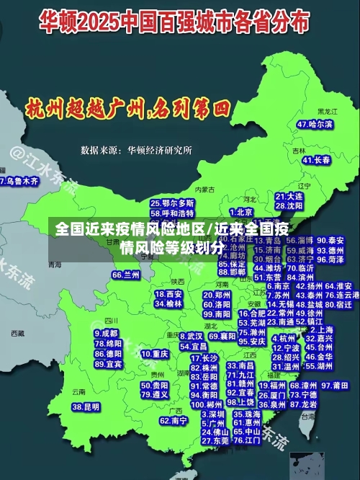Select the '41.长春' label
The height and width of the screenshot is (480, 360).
317,159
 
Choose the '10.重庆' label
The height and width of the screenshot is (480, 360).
154,354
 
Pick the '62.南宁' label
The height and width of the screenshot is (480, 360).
173,420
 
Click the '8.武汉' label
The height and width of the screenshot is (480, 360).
191,336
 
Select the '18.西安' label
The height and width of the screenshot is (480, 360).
168,294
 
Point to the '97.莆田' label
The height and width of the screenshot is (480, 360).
335,386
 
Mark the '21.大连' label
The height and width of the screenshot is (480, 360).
289,196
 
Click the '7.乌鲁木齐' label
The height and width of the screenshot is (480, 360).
19,182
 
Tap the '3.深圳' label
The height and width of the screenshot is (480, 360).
213,414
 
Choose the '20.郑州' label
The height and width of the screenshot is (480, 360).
218,295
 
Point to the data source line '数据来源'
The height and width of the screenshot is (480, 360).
136,150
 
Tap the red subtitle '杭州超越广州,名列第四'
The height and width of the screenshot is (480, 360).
126,110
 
